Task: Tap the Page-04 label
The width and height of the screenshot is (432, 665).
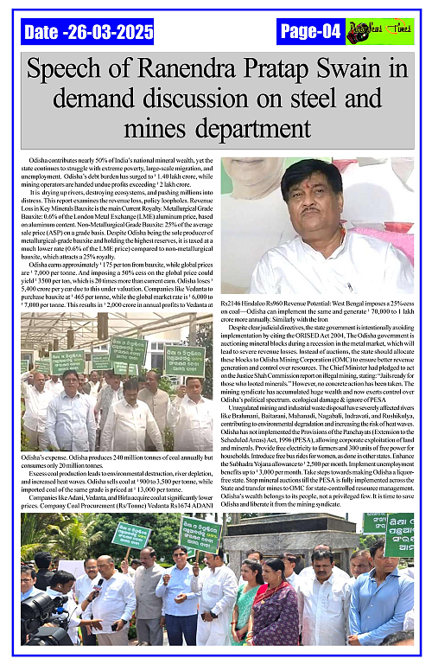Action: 310,32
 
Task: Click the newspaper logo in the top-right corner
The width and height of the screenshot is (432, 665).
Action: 379,32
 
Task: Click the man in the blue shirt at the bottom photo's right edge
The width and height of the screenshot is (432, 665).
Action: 380,597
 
